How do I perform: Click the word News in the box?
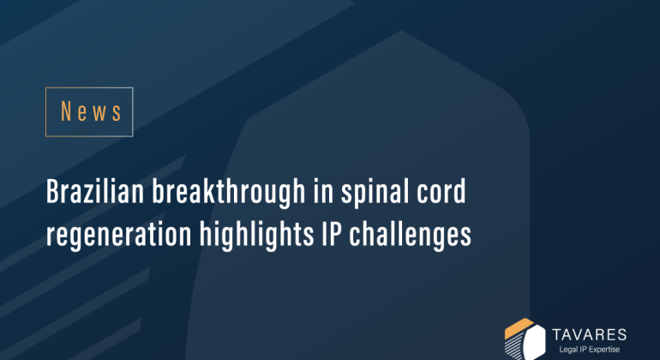pyautogui.click(x=90, y=111)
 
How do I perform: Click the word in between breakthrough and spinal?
pyautogui.click(x=314, y=193)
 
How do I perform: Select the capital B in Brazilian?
pyautogui.click(x=52, y=193)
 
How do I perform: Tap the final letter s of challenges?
pyautogui.click(x=466, y=233)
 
